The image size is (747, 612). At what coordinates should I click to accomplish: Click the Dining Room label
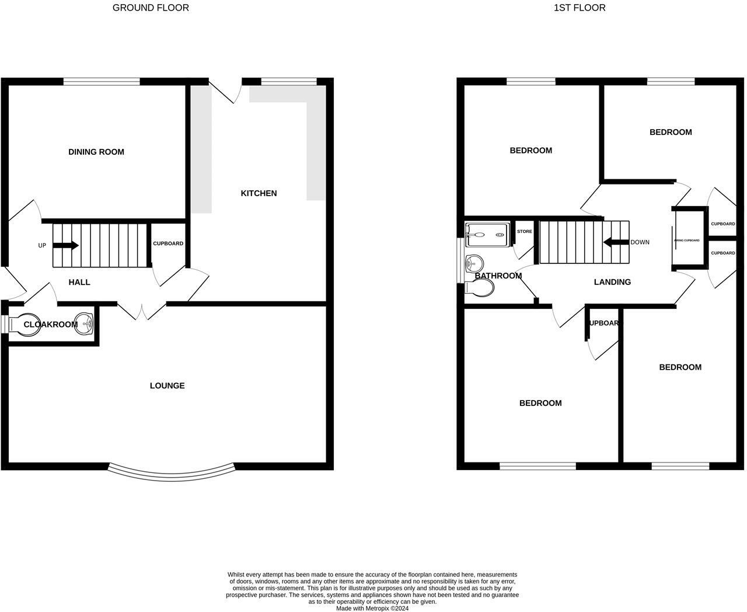[96, 152]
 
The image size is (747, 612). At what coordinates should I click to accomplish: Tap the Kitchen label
[259, 193]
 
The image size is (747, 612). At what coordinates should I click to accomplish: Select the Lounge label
[167, 385]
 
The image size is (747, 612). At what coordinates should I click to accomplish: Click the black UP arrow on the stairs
[65, 245]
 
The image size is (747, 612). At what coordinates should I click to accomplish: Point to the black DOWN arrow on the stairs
[615, 242]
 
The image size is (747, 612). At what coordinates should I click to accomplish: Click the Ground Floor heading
[151, 8]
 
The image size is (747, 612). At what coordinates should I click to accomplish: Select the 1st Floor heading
[580, 8]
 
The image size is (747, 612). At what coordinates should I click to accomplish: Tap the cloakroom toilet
[22, 325]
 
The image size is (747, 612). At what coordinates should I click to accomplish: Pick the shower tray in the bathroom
[488, 235]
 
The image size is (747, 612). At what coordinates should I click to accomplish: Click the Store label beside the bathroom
[524, 231]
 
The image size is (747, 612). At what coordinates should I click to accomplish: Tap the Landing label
[612, 282]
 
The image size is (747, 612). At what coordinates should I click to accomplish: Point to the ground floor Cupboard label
[168, 244]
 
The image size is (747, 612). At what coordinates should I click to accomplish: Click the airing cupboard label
[687, 240]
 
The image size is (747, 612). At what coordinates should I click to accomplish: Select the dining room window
[102, 82]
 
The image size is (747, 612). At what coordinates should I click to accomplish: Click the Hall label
[79, 282]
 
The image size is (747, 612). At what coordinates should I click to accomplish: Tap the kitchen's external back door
[225, 91]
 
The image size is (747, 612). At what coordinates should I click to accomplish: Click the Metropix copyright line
[372, 608]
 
